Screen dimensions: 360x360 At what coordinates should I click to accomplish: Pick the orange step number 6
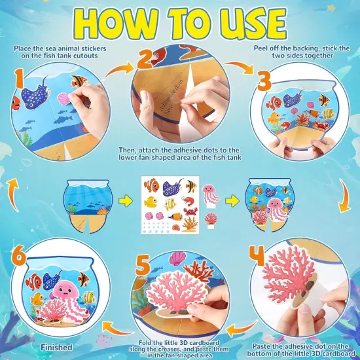[x=18, y=255]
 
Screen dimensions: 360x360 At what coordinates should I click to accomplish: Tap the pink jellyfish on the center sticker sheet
[x=211, y=196]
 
